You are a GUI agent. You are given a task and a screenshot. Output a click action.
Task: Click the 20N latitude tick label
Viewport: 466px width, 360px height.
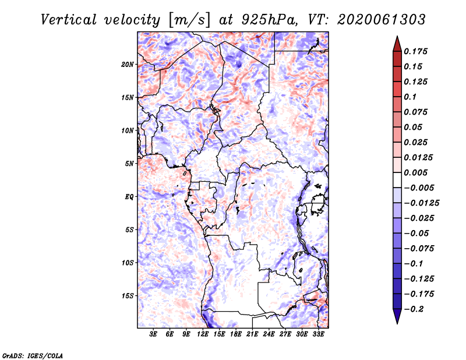128,65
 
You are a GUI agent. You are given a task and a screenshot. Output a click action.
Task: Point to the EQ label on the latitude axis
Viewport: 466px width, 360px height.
129,197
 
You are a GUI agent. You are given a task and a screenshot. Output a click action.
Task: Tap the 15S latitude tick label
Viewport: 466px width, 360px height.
128,296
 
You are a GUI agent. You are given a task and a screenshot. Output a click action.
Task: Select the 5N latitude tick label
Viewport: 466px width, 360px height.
129,164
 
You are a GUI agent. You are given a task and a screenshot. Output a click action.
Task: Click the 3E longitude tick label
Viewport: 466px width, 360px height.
153,334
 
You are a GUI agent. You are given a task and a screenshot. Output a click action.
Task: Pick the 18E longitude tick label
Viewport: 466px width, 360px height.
235,334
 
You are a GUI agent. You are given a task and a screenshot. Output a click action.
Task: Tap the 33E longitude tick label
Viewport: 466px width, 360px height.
318,334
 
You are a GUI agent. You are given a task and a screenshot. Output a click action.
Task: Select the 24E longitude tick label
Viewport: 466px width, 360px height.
269,334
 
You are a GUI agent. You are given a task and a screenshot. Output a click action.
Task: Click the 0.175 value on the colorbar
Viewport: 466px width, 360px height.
415,51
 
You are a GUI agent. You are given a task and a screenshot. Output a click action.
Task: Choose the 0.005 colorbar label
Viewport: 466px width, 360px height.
415,172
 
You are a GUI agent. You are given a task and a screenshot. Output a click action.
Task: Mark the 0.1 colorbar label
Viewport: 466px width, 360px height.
410,97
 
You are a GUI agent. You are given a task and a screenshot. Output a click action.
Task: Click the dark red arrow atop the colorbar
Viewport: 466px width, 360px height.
397,44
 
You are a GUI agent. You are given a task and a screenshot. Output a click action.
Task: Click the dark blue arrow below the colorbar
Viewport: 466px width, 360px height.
397,316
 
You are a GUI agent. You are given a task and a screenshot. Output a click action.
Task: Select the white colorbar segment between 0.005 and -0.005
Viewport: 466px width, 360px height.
397,180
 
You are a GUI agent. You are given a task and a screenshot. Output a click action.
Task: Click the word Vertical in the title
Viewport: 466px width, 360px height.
68,20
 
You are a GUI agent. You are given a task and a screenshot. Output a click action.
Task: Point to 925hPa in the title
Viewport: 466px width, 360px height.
269,20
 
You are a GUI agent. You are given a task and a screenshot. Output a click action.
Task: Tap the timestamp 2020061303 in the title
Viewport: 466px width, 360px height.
382,20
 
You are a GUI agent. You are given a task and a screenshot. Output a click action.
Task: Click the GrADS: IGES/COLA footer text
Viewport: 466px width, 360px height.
33,355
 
